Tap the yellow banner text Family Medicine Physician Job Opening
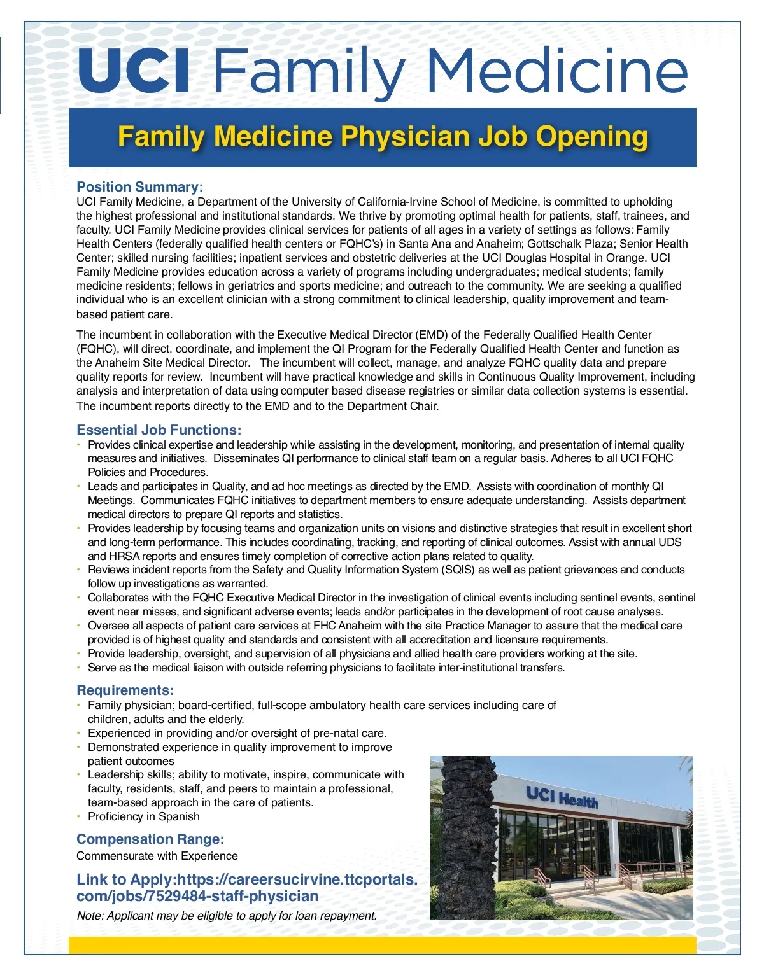click(383, 137)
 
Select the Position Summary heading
click(139, 187)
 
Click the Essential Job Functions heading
click(159, 430)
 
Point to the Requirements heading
click(125, 690)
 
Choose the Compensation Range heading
click(150, 839)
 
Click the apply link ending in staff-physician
click(246, 888)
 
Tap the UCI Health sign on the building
click(562, 797)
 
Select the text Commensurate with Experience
click(157, 857)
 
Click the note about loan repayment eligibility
click(227, 916)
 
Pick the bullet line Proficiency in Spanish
click(143, 817)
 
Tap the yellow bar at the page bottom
click(382, 946)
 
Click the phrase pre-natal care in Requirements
click(353, 733)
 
